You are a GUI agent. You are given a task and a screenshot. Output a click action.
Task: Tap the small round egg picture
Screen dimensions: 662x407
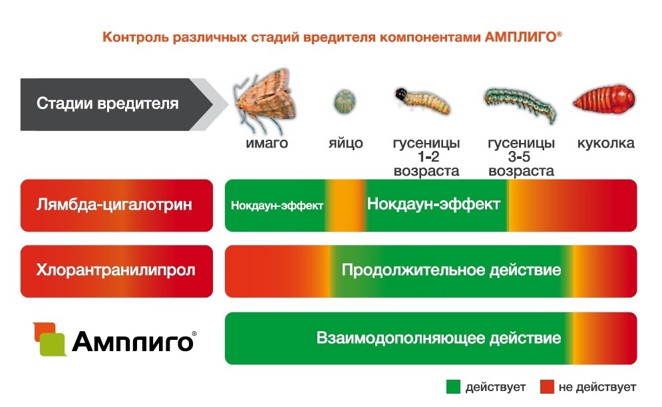coord(343,102)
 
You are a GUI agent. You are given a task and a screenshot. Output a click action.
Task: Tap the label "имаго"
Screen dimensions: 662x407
coord(266,143)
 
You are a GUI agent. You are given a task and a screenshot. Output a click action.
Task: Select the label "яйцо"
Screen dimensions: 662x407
coord(345,143)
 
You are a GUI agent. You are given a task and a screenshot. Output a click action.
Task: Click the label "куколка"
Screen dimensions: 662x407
coord(605,143)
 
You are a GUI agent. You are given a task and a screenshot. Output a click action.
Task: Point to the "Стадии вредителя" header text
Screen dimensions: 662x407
coord(107,104)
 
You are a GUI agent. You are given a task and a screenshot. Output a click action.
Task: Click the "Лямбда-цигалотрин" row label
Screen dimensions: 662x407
coord(115,205)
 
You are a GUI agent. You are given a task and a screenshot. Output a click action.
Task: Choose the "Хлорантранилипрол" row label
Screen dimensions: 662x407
coord(116,271)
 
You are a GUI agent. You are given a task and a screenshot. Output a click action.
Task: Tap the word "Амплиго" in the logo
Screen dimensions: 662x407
coord(133,342)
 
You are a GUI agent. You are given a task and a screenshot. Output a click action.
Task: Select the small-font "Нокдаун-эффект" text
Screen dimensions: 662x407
coord(277,205)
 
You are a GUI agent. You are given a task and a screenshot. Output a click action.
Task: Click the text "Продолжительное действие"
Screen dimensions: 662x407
coord(451,271)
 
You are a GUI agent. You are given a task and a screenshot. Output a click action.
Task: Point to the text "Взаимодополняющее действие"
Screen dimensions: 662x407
coord(438,338)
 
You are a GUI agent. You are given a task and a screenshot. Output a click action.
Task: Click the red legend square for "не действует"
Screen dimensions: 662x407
coord(547,386)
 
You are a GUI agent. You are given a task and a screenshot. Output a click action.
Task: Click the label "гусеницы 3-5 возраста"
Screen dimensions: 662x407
coord(521,157)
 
